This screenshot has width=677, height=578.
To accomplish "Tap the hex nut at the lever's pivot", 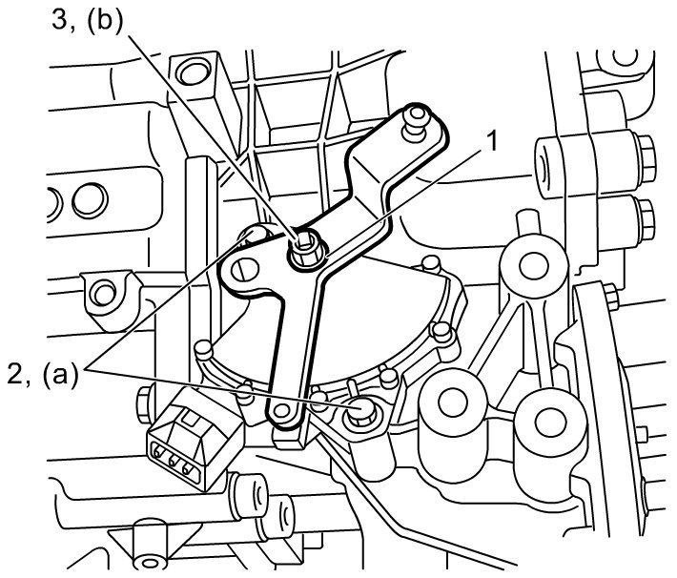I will pyautogui.click(x=304, y=247).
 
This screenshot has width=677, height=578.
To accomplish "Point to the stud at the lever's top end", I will pyautogui.click(x=417, y=120).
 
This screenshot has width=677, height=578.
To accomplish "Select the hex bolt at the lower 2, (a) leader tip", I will pyautogui.click(x=362, y=412).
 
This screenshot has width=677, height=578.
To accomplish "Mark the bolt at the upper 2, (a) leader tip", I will pyautogui.click(x=256, y=235).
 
